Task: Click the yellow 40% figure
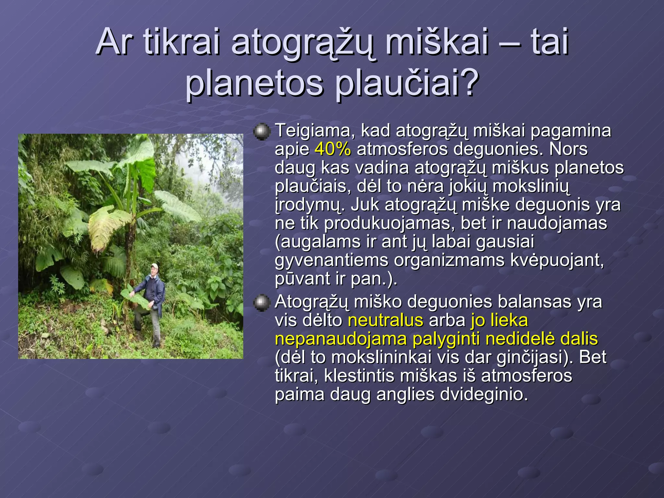click(333, 149)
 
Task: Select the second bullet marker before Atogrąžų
click(261, 303)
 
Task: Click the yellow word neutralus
click(385, 321)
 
